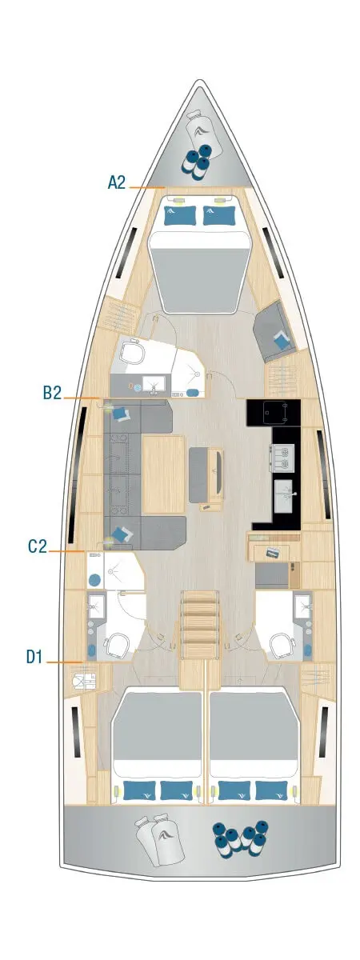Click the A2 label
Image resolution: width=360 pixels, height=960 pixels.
(117, 182)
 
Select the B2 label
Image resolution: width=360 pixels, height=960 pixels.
(53, 392)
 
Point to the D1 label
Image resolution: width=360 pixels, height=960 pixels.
(34, 657)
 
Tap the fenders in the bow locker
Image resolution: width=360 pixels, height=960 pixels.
(197, 160)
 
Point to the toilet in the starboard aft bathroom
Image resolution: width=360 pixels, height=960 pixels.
(282, 645)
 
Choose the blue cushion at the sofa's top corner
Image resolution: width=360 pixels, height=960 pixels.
(121, 414)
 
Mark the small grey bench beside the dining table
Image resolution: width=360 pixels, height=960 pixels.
(202, 474)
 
